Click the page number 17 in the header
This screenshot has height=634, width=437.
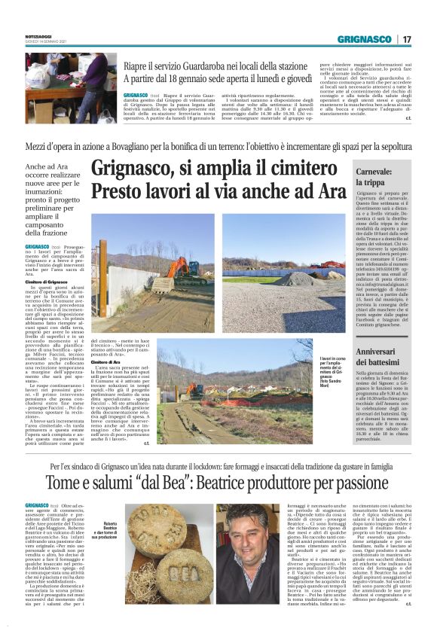[407, 38]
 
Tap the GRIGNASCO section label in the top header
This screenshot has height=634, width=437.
[364, 38]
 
